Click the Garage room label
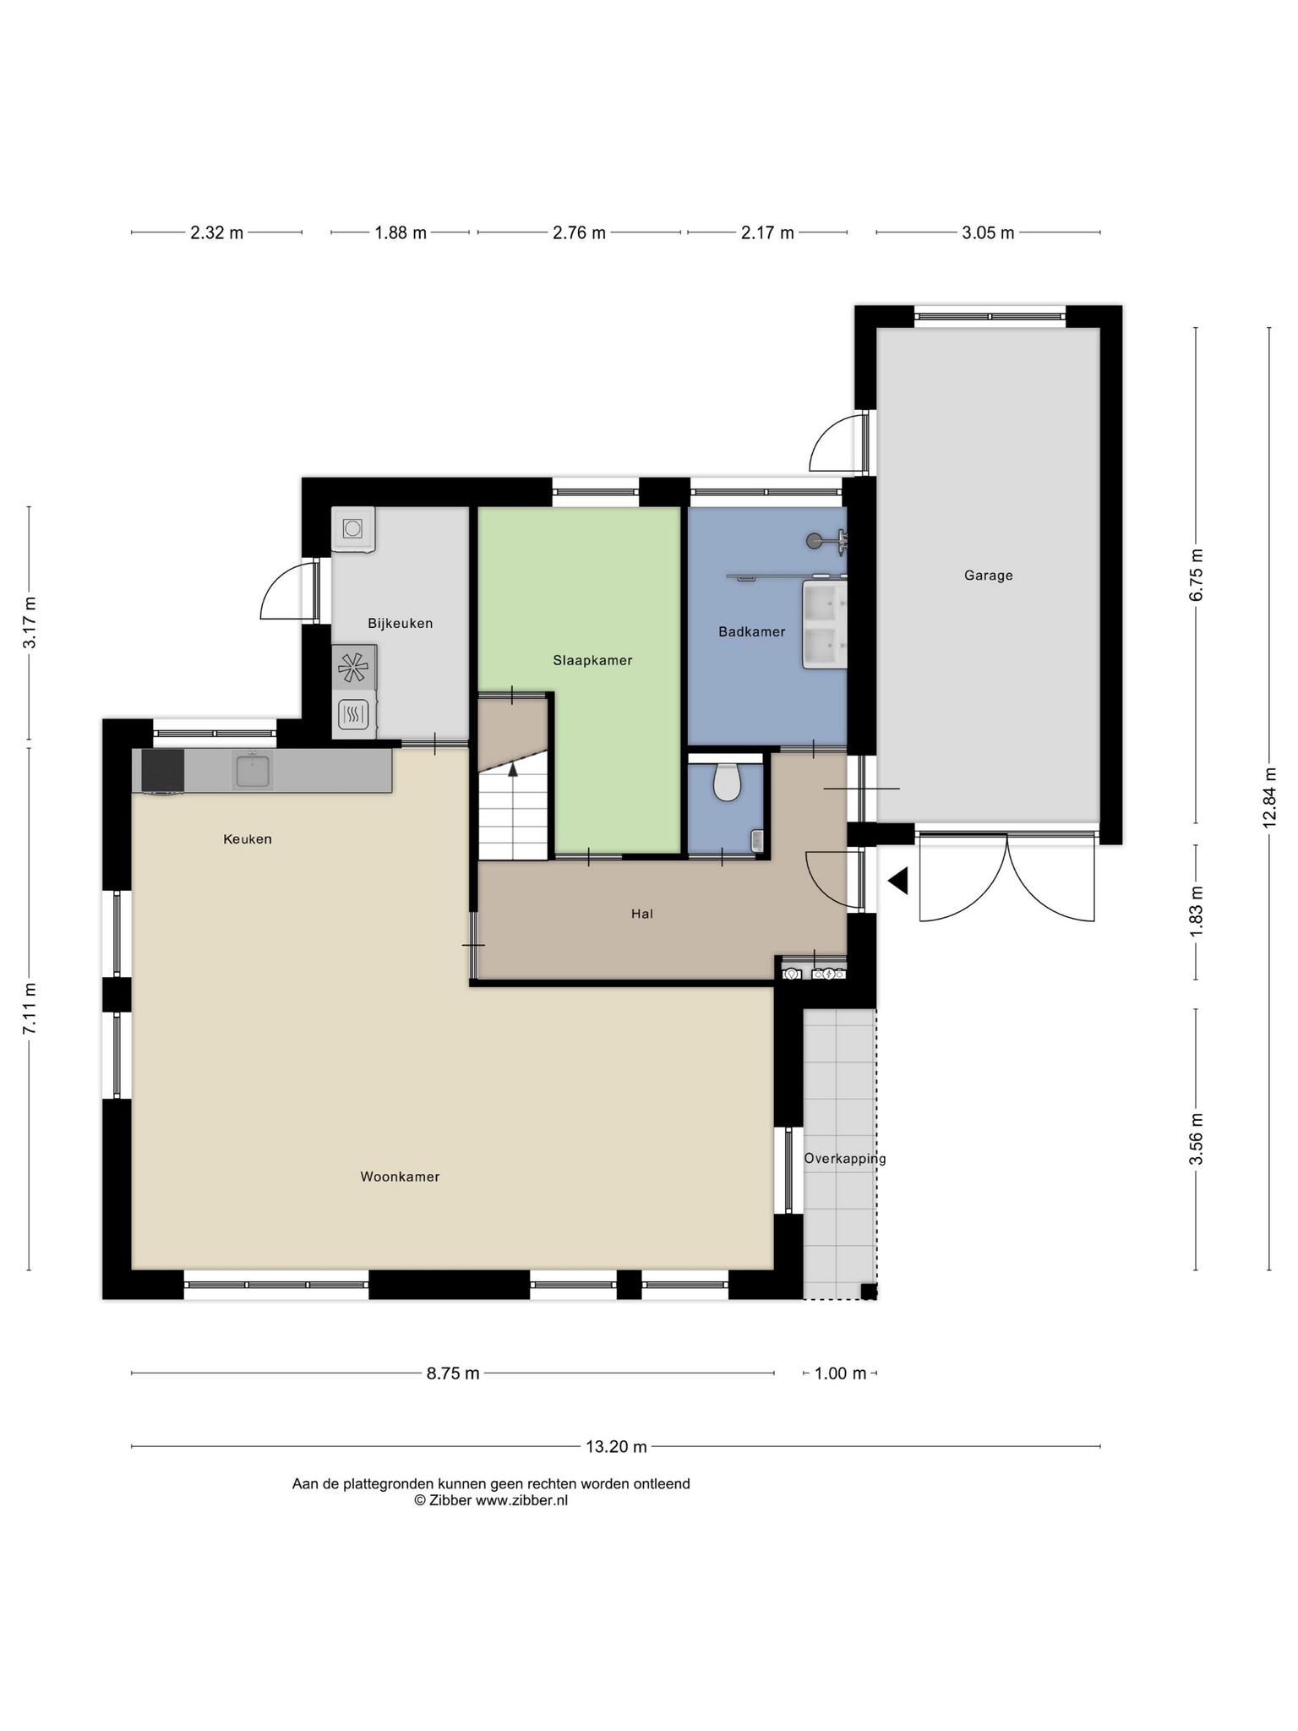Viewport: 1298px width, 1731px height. [x=988, y=576]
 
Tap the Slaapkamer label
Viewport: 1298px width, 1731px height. [x=592, y=660]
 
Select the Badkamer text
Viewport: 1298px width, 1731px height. [x=751, y=631]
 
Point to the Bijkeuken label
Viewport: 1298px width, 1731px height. [x=400, y=624]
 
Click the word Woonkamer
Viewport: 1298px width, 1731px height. [x=400, y=1177]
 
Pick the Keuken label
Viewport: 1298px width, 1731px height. [x=248, y=839]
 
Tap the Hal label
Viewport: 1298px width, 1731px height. [x=642, y=914]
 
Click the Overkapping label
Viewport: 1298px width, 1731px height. [x=845, y=1159]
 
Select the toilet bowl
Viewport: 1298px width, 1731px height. [x=727, y=781]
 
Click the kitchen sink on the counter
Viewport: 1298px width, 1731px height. [x=252, y=771]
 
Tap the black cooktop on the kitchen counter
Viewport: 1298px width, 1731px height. [x=163, y=771]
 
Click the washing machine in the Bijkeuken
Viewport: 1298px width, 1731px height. [x=353, y=529]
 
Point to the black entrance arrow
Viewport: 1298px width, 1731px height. [x=897, y=881]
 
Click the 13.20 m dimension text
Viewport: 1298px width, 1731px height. [x=616, y=1446]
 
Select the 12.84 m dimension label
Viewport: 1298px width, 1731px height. [x=1269, y=797]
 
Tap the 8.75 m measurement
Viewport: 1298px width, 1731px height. [x=453, y=1373]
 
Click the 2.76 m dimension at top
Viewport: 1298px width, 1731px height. [x=579, y=232]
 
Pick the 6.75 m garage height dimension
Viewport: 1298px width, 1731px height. [x=1196, y=575]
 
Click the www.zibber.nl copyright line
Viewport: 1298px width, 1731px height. [x=491, y=1500]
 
